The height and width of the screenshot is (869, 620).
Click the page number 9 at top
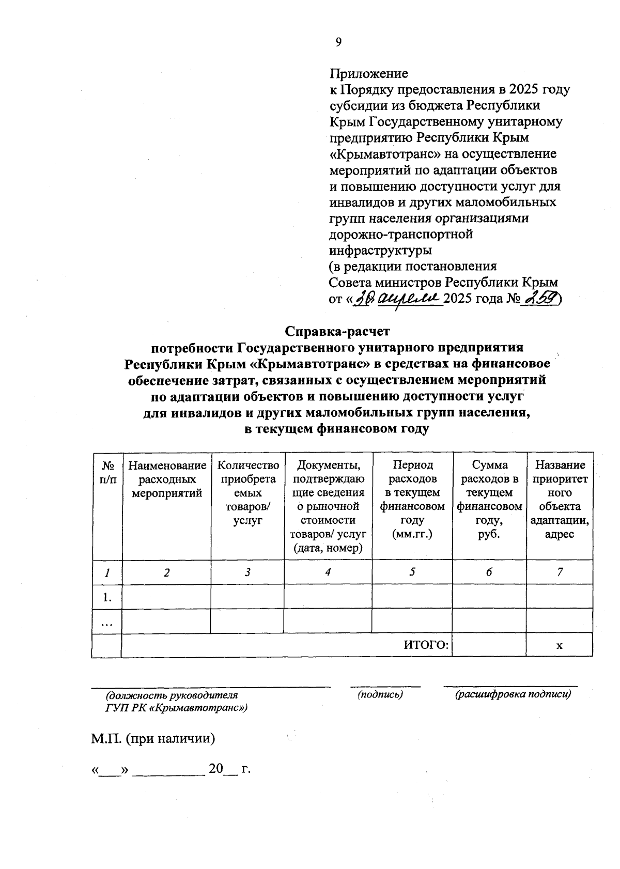[339, 42]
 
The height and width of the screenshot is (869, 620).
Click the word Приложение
[369, 73]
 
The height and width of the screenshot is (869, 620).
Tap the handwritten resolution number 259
[542, 299]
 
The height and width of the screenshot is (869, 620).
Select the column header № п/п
[107, 472]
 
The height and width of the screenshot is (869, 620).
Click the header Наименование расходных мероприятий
[166, 479]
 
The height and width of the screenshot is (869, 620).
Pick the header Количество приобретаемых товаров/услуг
[247, 493]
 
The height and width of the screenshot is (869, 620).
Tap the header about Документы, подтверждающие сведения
[328, 506]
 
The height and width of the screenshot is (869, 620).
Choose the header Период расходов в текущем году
[412, 499]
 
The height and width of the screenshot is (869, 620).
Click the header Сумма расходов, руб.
[489, 499]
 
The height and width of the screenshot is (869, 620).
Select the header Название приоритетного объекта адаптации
[560, 499]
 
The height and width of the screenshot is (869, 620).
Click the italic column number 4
[328, 572]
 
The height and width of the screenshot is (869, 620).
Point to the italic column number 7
[560, 572]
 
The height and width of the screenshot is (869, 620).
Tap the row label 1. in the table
[107, 597]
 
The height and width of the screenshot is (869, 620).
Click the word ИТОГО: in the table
[426, 645]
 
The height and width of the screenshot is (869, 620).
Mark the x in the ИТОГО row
[560, 646]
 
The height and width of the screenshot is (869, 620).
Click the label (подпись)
[381, 695]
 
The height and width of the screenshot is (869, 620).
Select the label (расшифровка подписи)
[513, 695]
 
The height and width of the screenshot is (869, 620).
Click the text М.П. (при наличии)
[153, 738]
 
